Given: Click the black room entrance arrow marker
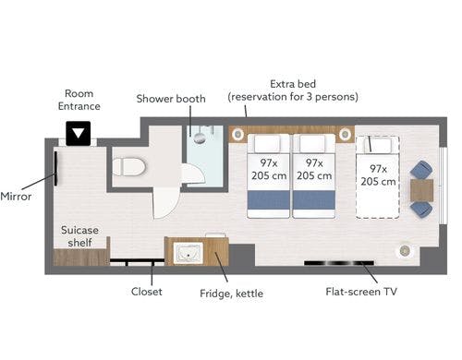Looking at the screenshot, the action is point(79,133).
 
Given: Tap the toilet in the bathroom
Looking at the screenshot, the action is point(128,167).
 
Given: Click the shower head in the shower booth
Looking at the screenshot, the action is point(200,138).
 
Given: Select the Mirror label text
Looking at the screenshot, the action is point(16,197).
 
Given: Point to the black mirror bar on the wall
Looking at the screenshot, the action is point(55,169).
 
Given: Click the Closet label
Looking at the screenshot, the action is point(147,292).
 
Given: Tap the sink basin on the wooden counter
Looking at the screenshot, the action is point(188,253).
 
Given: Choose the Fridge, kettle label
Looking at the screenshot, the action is point(231,294).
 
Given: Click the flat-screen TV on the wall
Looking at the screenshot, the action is point(339,263).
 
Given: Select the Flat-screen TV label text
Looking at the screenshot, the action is point(361,292).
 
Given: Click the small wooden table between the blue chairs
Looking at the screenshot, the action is point(422,190).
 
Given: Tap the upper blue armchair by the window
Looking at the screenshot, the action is point(421,170).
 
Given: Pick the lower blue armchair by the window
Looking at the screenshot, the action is point(421,210).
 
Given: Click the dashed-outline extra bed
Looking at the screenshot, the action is point(378,177).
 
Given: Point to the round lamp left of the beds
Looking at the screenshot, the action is point(238,134).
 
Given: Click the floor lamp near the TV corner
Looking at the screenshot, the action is point(405,251).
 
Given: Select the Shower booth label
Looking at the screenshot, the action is point(171,99).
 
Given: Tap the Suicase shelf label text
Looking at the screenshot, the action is point(79,236).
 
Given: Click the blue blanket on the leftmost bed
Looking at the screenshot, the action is point(268,200).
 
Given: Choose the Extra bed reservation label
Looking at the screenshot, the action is point(293,90).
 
